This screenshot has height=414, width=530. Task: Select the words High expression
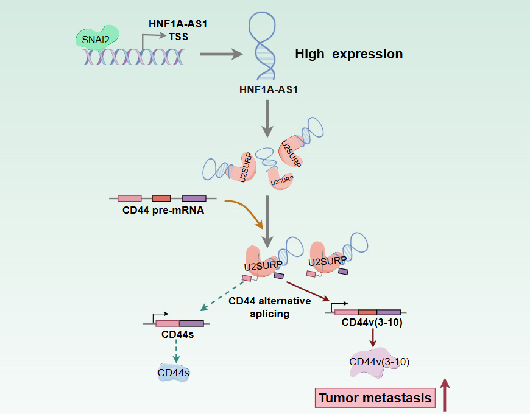pos(348,54)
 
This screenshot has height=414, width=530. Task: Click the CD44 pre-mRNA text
pos(159,211)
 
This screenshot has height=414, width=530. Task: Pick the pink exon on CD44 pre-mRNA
pos(129,198)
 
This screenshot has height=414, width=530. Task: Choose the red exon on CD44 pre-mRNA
pos(161,198)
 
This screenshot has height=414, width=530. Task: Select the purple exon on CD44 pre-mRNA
pos(194,198)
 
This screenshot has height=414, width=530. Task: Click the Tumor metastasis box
pos(375,398)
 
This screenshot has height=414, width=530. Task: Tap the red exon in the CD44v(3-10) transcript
pos(367,312)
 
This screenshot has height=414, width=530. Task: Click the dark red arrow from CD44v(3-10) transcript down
pos(373,339)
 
